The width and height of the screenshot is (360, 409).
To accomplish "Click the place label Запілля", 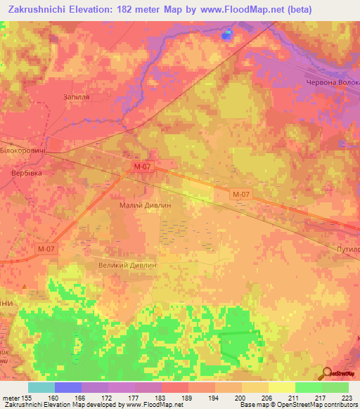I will [x=77, y=98].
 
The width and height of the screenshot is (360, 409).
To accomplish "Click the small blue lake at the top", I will [x=226, y=34].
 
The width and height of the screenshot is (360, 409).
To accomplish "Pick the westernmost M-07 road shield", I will [x=46, y=248].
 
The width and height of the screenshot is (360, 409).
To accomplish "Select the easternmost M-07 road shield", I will [x=240, y=194].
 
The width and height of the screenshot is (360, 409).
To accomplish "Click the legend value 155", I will [x=30, y=398].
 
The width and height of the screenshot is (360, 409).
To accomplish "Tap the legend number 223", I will [x=347, y=398].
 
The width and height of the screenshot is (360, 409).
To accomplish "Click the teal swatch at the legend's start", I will [x=41, y=387].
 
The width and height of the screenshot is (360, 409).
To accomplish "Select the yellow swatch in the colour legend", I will [x=281, y=387].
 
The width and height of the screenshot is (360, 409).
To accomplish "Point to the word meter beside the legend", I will [x=11, y=398].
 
